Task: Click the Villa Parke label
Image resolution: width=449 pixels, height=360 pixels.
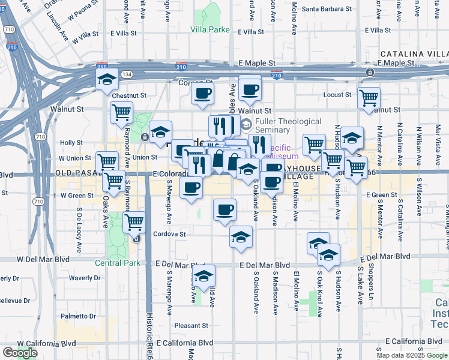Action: coord(210,29)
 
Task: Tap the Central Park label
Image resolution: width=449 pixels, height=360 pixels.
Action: coord(117,263)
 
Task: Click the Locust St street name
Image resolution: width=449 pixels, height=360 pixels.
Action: coord(337,95)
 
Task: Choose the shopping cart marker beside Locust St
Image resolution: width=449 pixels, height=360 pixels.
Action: coord(368,98)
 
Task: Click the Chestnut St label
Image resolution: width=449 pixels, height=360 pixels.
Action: coord(129,95)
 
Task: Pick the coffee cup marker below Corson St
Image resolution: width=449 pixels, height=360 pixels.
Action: coord(202,93)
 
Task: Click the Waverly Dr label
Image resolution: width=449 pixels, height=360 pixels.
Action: coord(84,278)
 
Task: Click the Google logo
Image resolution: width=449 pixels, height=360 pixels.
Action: coord(20,353)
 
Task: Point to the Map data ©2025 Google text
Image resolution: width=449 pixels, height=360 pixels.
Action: coord(411,355)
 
